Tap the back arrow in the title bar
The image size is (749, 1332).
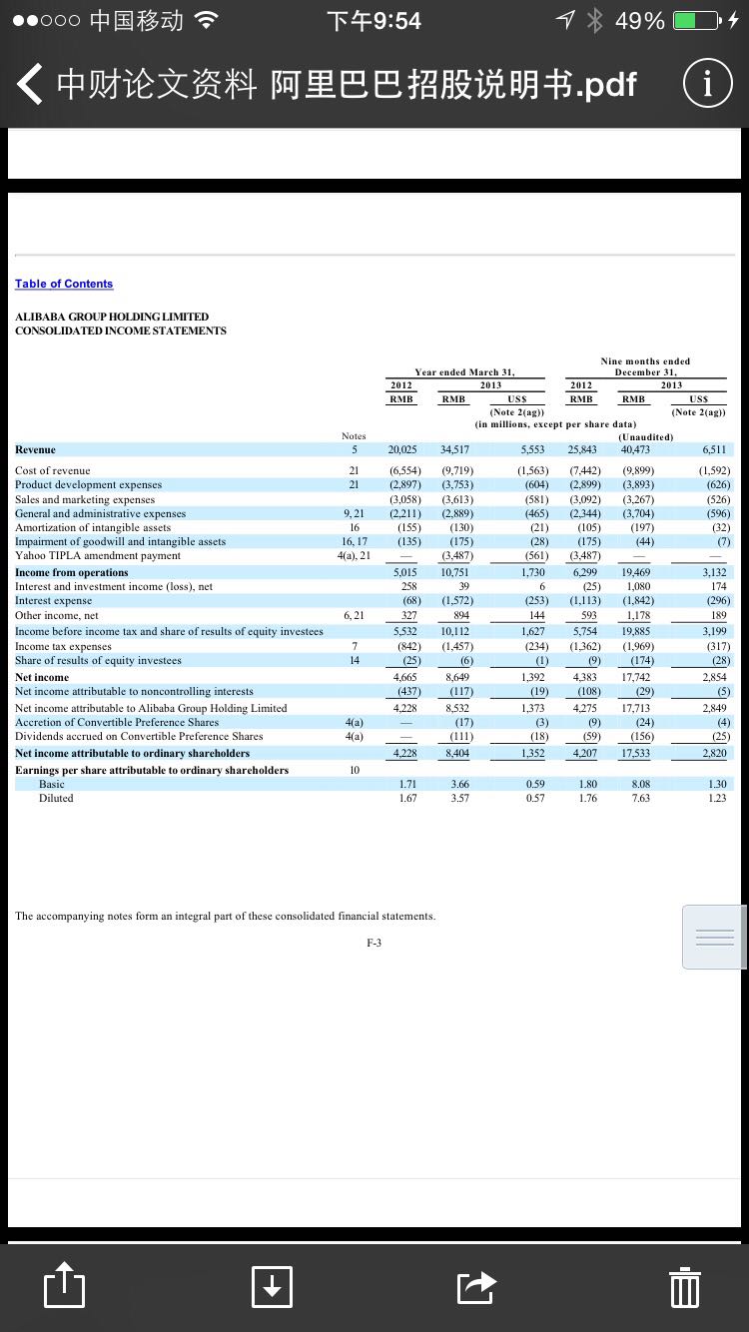29,85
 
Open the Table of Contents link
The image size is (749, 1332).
64,284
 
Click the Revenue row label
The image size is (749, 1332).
35,449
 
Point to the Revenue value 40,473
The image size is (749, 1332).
635,450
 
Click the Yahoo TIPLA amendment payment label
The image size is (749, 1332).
98,555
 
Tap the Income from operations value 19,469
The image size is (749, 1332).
635,572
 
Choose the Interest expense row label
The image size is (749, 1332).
53,601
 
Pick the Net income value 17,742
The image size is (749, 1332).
636,677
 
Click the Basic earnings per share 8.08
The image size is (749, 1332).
640,784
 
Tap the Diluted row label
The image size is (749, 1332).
56,798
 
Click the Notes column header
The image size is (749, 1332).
354,435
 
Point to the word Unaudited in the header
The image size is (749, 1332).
645,435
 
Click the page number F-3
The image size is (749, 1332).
374,942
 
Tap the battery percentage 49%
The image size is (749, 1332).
640,20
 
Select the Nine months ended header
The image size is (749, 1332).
645,360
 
